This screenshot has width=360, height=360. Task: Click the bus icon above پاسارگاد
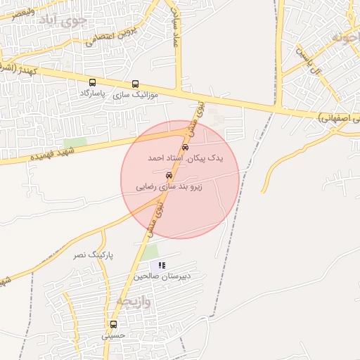(93, 83)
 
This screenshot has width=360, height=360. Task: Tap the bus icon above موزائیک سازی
(135, 83)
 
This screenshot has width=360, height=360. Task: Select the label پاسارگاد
(92, 94)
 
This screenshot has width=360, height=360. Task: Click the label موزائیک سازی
(136, 94)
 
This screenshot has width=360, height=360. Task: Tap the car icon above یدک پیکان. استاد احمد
(185, 148)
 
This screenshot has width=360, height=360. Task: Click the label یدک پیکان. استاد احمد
(185, 159)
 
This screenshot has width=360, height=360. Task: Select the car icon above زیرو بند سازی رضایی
(169, 175)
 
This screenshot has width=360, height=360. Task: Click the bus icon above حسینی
(113, 324)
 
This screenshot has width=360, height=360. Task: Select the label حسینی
(112, 335)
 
